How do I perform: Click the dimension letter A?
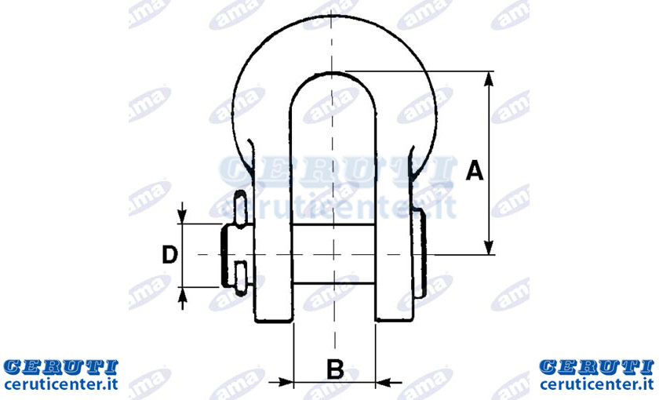[x=475, y=170]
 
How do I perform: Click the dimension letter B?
[x=335, y=369]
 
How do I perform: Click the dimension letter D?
[x=169, y=255]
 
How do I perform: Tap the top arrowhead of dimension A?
[x=488, y=78]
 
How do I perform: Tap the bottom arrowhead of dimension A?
[x=488, y=248]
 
